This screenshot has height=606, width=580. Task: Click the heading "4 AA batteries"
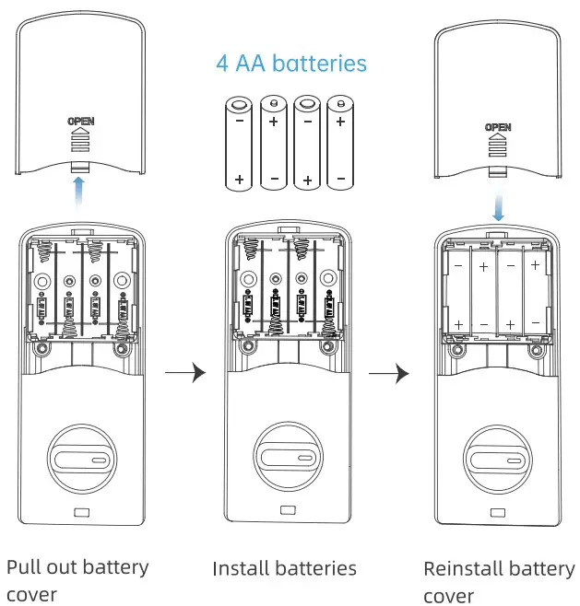point(291,64)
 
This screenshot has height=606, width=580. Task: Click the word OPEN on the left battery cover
point(81,121)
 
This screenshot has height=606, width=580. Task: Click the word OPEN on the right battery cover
point(498,127)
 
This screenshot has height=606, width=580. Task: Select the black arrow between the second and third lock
point(388,373)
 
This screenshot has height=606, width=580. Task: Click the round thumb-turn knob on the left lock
point(81,458)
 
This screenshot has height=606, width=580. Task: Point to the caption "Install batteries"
point(284,568)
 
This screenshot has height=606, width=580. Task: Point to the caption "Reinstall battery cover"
point(498,581)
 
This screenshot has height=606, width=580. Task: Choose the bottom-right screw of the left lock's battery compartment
point(121,351)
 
